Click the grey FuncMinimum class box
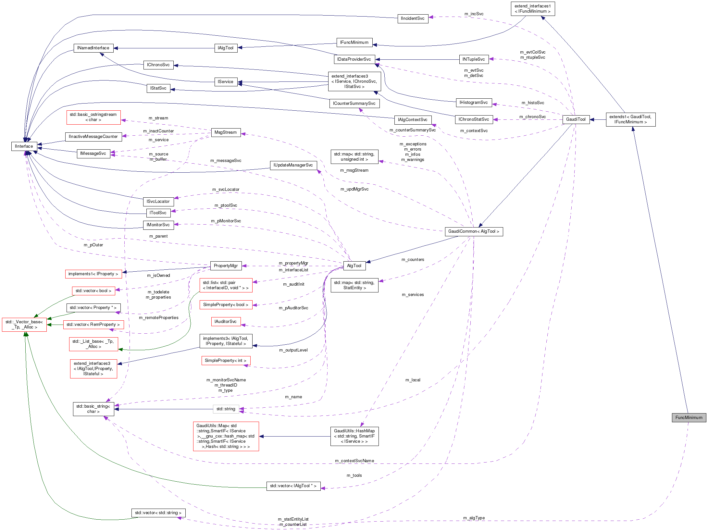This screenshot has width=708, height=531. point(689,418)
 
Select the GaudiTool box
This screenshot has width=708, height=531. point(576,119)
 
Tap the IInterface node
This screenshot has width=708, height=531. point(24,146)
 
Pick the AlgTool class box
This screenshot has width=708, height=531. point(354,266)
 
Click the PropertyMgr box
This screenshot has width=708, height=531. point(226,266)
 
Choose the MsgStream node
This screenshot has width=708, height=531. point(226,132)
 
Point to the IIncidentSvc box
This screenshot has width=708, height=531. point(413,19)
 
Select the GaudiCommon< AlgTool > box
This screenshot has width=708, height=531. point(474,231)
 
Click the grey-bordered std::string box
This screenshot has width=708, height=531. point(226,409)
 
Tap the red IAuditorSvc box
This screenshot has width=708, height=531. point(226,322)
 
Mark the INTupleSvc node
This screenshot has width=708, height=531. point(474,59)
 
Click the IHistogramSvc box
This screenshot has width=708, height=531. point(474,103)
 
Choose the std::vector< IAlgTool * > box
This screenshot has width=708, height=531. point(293,486)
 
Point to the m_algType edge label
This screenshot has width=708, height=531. point(474,518)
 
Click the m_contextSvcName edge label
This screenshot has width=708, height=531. point(354,461)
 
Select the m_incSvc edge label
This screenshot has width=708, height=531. point(474,14)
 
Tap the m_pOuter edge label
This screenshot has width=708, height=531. point(93,245)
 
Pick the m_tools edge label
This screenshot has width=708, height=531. point(354,475)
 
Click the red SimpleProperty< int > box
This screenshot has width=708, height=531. point(226,361)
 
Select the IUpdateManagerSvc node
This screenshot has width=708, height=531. point(293,165)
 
